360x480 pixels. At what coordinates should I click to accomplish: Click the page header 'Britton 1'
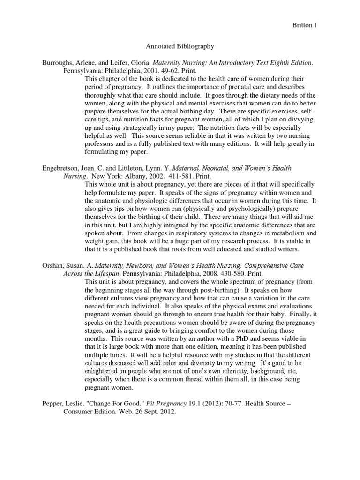330,24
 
